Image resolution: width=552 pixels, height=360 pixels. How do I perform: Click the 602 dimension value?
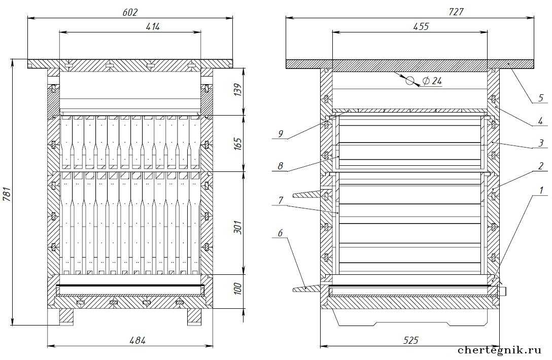pyautogui.click(x=130, y=12)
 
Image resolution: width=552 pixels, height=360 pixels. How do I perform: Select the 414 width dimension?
pyautogui.click(x=153, y=27)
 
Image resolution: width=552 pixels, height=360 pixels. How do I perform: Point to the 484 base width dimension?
pyautogui.click(x=137, y=340)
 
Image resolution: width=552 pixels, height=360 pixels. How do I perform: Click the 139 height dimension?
pyautogui.click(x=238, y=90)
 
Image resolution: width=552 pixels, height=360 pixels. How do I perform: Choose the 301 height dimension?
pyautogui.click(x=238, y=227)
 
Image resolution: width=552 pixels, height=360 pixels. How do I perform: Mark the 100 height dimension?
pyautogui.click(x=238, y=289)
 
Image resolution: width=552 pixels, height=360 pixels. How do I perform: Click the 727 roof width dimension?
pyautogui.click(x=456, y=12)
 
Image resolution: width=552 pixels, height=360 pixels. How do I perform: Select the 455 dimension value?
pyautogui.click(x=421, y=27)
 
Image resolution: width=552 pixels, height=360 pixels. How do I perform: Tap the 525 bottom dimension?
pyautogui.click(x=410, y=340)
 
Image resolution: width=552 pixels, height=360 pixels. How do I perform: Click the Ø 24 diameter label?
pyautogui.click(x=432, y=81)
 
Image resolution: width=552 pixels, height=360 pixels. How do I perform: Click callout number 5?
pyautogui.click(x=541, y=97)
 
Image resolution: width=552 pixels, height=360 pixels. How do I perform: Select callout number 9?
pyautogui.click(x=281, y=134)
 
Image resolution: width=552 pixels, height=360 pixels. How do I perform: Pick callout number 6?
pyautogui.click(x=281, y=233)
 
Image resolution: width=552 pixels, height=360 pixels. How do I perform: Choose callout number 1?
pyautogui.click(x=541, y=190)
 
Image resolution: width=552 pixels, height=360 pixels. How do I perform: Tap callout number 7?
pyautogui.click(x=281, y=200)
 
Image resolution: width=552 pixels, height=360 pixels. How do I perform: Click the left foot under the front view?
pyautogui.click(x=66, y=317)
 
